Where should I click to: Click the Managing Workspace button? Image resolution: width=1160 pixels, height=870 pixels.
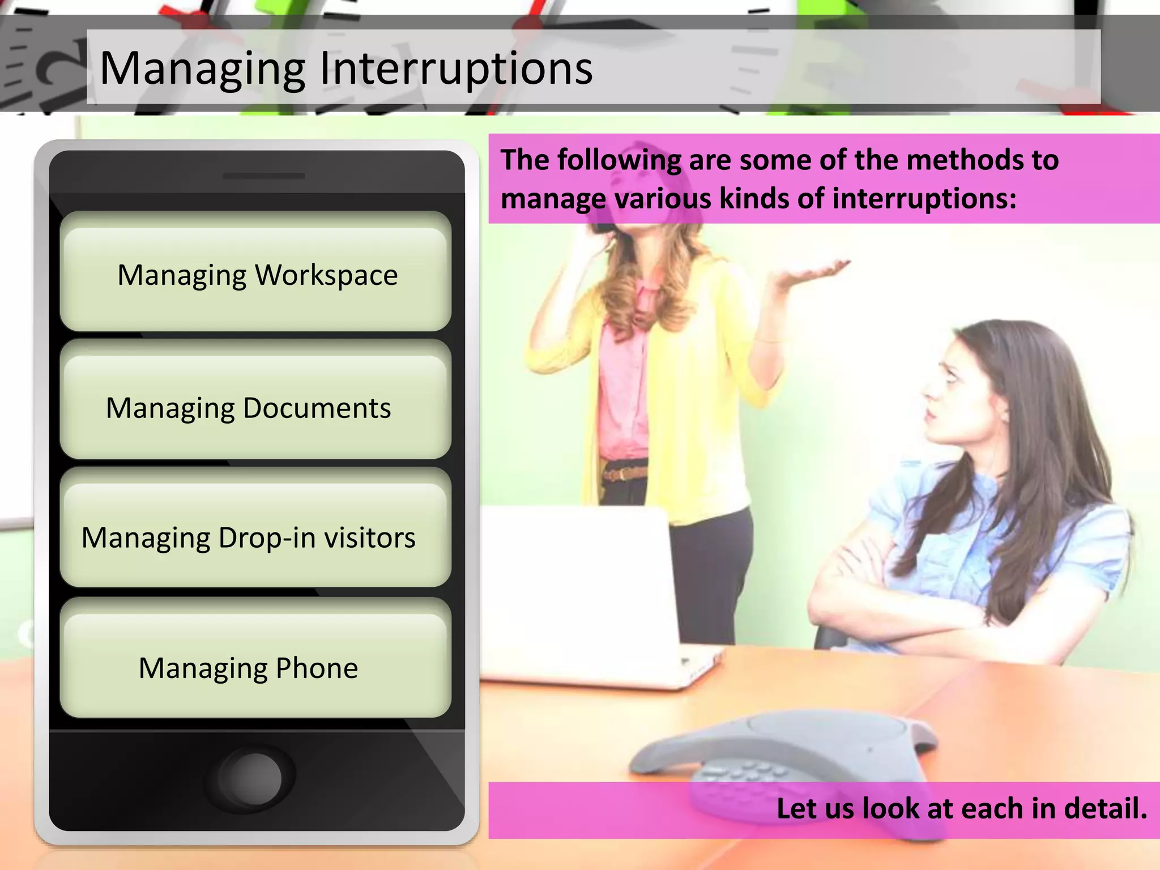[x=256, y=275]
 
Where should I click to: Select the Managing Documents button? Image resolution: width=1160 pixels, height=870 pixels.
[x=256, y=407]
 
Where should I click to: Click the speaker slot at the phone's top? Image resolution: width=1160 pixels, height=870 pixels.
[x=263, y=176]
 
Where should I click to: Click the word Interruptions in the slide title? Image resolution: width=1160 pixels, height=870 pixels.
[x=456, y=68]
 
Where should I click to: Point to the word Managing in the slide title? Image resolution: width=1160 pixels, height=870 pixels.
[x=202, y=69]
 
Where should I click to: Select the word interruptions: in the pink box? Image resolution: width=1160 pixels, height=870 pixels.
[x=924, y=198]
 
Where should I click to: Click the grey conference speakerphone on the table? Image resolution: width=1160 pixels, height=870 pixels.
[x=787, y=753]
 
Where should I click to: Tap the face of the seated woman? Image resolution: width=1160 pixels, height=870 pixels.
[x=957, y=391]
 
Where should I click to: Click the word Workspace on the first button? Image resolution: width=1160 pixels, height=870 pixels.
[x=326, y=275]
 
